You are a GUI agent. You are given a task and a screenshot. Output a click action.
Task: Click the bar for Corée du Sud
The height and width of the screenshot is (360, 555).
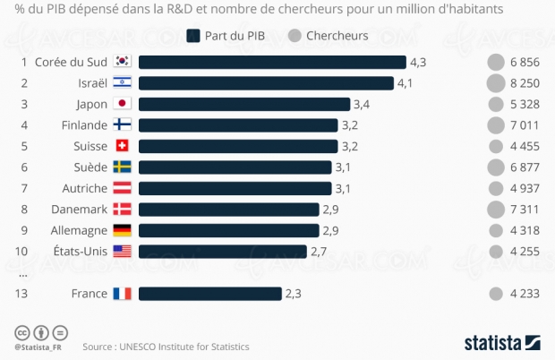[x=272, y=63]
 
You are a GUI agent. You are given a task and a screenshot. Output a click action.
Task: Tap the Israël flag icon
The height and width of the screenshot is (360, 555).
[x=123, y=83]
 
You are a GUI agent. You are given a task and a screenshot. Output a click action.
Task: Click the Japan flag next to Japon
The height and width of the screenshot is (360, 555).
[x=123, y=104]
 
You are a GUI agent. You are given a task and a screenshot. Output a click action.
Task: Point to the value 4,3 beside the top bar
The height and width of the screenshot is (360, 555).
[x=418, y=63]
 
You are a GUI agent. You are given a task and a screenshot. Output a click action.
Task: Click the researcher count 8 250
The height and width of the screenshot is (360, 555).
[x=524, y=83]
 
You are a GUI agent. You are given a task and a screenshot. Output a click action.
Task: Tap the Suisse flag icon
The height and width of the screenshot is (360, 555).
[x=123, y=146]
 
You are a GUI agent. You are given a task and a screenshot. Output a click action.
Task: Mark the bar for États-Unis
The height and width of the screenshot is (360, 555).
[x=223, y=251]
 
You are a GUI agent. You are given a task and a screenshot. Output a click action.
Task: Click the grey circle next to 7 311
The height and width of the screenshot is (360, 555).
[x=495, y=209]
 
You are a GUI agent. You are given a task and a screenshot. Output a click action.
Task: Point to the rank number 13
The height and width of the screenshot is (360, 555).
[x=23, y=293]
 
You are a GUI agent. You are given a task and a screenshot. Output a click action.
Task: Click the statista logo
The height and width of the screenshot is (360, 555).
[x=501, y=341]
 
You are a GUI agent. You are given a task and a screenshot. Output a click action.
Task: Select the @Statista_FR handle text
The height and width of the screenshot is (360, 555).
[x=38, y=347]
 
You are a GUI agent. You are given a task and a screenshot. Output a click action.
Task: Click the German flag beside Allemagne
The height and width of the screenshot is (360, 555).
[x=123, y=230]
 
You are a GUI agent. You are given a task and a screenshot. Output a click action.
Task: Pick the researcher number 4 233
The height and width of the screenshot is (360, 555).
[x=524, y=293]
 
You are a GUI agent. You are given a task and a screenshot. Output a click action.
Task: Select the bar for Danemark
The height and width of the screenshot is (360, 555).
[x=229, y=209]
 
